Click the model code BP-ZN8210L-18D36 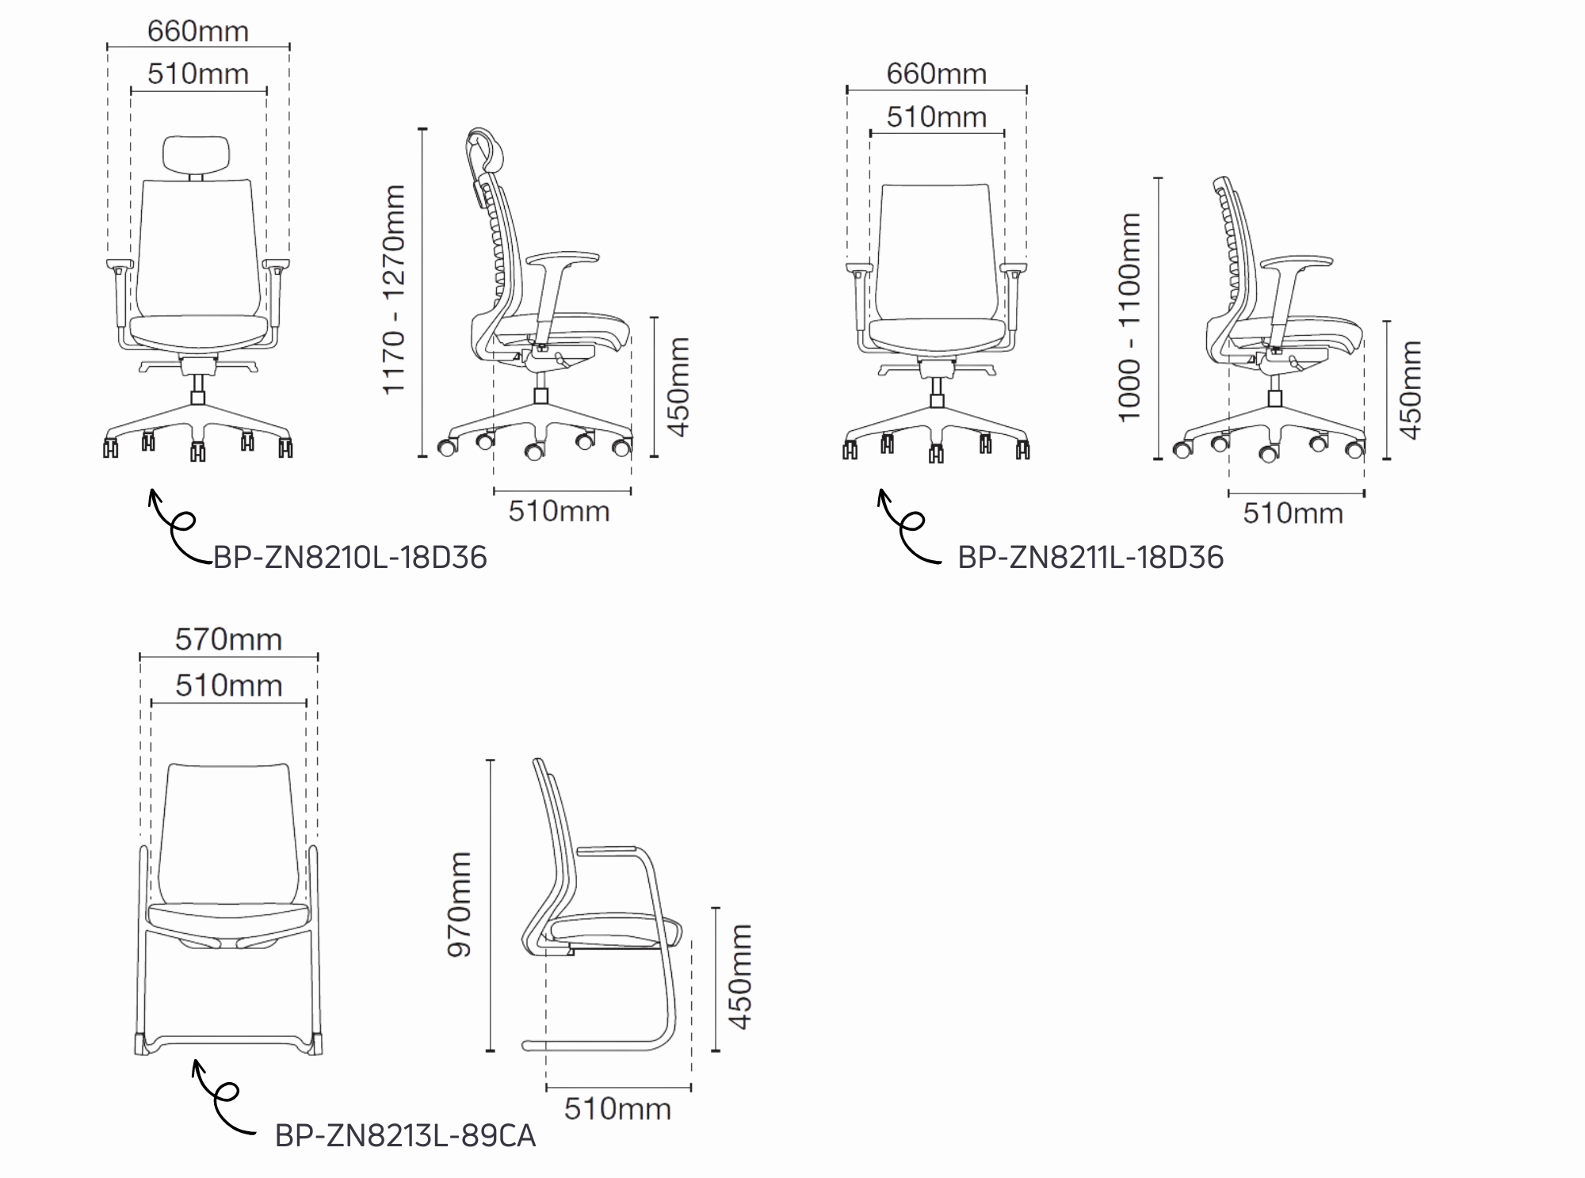coord(349,558)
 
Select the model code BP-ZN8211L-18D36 coord(1090,558)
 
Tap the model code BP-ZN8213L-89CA coord(405,1136)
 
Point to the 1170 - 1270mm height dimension coord(394,289)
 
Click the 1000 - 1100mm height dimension coord(1129,317)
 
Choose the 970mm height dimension coord(460,905)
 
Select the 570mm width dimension coord(228,639)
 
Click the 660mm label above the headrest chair coord(198,31)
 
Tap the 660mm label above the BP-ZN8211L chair coord(937,74)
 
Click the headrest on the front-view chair coord(197,154)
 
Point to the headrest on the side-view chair coord(485,151)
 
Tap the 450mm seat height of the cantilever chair coord(740,977)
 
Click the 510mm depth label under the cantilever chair coord(617,1109)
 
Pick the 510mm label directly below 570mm coord(228,685)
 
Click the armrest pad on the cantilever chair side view coord(609,850)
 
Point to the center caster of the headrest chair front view coord(197,452)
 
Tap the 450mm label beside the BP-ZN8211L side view coord(1411,390)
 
